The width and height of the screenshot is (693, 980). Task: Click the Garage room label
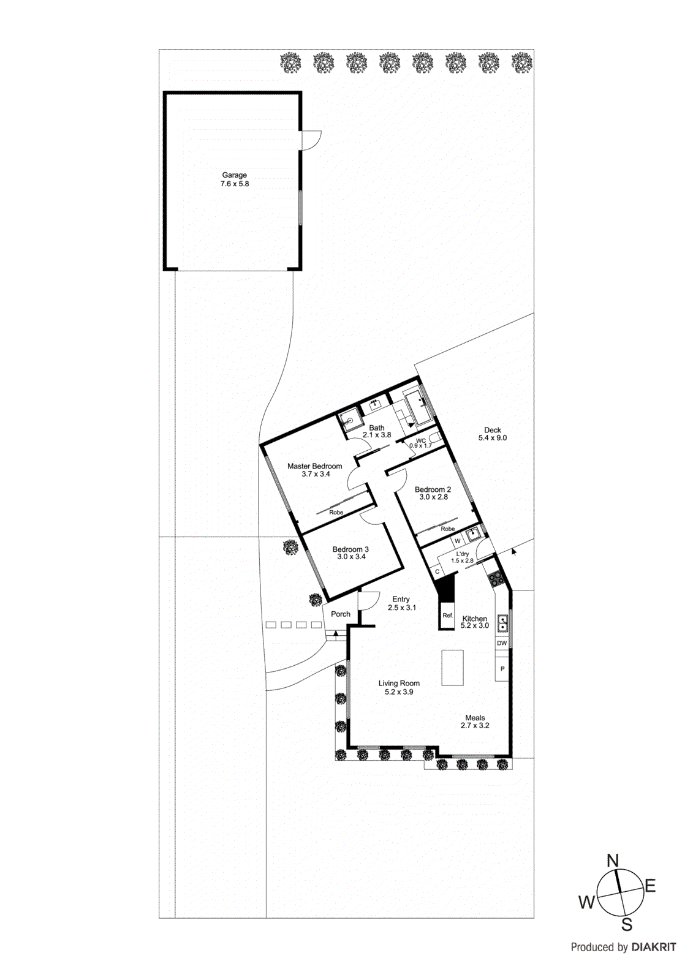click(234, 175)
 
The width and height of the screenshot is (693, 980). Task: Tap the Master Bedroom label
click(314, 466)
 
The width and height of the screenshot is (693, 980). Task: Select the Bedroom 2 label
click(433, 489)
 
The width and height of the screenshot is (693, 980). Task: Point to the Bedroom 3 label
click(350, 549)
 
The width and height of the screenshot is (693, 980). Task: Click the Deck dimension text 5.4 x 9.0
click(493, 438)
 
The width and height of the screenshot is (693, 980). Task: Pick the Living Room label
click(399, 683)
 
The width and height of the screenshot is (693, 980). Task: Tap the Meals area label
click(475, 718)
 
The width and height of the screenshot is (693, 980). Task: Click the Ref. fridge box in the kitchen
click(448, 615)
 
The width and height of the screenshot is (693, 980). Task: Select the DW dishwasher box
click(502, 643)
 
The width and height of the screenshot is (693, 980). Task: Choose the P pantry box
click(502, 669)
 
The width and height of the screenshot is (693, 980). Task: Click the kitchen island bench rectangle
click(452, 668)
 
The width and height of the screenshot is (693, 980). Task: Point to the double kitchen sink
click(502, 624)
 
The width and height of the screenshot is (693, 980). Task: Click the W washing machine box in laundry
click(457, 541)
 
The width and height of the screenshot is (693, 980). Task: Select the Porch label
click(341, 614)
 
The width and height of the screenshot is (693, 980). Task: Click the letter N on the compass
click(613, 861)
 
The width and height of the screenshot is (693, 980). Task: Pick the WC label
click(421, 440)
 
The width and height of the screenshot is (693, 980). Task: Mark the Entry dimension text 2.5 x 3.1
click(402, 608)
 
